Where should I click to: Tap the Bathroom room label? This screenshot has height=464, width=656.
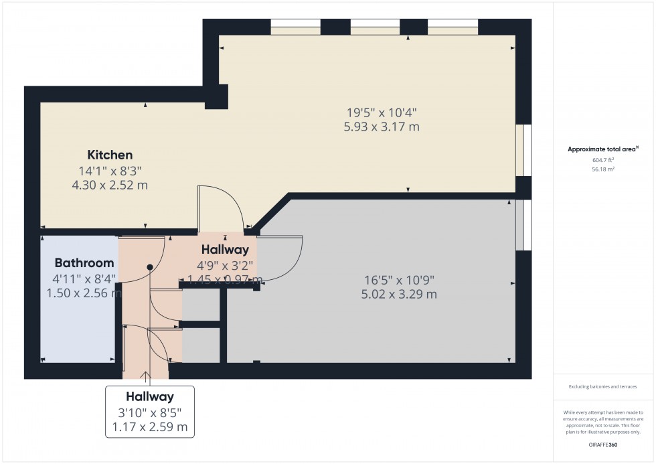point(84,262)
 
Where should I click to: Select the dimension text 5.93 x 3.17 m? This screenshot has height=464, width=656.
point(383,127)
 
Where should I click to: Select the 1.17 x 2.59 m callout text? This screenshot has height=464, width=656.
point(149,427)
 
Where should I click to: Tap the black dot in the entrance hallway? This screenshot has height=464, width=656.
point(150,267)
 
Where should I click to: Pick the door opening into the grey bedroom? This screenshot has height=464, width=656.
point(284,258)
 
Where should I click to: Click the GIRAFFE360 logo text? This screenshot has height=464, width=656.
point(603,445)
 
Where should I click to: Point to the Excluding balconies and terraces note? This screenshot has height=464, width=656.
point(603,386)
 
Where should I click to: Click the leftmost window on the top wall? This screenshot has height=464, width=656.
point(295,27)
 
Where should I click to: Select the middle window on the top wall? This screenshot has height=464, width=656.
point(375,27)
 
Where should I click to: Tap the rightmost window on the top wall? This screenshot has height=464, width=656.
point(453,27)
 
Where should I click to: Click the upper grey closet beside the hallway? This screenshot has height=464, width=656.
point(201,305)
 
